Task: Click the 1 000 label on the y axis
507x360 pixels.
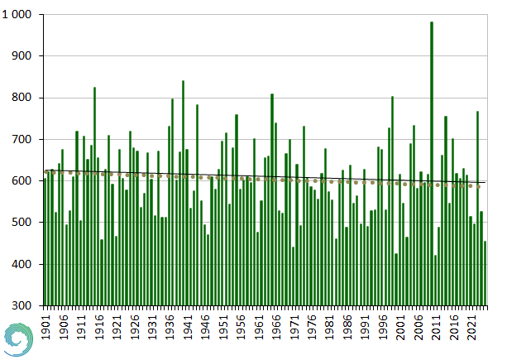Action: (x=17, y=15)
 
